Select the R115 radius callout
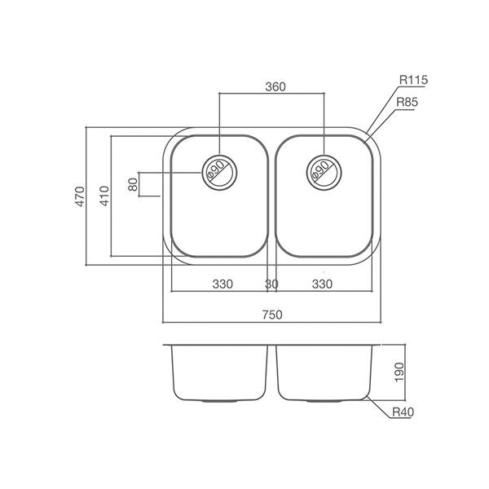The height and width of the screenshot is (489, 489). point(413,80)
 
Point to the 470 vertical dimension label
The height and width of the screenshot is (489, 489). point(80,196)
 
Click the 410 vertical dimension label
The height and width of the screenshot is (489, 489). point(104,196)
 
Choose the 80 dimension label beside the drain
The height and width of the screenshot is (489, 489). point(134,184)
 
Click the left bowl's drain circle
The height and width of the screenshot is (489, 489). point(218,170)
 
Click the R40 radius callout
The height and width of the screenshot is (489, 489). point(402,413)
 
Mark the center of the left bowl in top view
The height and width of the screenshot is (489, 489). point(218,196)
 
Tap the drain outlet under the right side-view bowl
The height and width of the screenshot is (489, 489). point(323,401)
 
